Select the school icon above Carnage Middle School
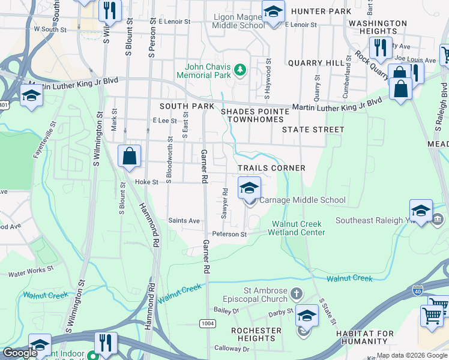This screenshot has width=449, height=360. click(250, 188)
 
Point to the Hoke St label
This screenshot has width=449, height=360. click(146, 182)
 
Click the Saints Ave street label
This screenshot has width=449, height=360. click(184, 221)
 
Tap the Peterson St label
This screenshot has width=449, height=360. click(228, 234)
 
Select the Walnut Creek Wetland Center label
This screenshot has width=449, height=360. click(298, 228)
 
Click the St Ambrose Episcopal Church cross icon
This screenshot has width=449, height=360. click(296, 294)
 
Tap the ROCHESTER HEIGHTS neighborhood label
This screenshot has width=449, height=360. click(256, 334)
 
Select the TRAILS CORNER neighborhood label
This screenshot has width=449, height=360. click(271, 168)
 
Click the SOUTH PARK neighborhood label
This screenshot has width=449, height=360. click(187, 106)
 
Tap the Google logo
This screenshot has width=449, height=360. click(20, 353)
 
